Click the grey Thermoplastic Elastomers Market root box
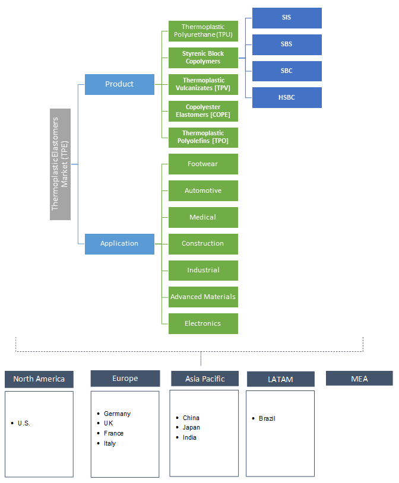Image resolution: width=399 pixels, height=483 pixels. [60, 164]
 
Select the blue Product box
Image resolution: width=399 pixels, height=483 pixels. [119, 84]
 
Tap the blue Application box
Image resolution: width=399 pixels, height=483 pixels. [119, 244]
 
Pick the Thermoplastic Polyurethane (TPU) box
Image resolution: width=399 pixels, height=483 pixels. [203, 31]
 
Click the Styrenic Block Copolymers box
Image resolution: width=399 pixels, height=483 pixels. [203, 58]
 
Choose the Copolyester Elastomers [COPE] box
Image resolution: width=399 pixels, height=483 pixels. [203, 111]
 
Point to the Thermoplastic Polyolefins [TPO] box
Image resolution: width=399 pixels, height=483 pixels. [203, 138]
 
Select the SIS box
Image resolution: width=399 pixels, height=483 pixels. [287, 18]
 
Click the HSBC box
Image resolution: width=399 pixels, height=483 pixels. [287, 97]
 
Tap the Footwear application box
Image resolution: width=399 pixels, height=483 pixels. [203, 164]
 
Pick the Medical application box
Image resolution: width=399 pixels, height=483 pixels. [203, 217]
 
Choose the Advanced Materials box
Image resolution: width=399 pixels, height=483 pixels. [203, 297]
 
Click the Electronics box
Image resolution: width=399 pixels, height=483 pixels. [203, 323]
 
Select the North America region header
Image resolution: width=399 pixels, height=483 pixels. [39, 379]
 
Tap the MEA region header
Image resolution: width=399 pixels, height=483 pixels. [359, 379]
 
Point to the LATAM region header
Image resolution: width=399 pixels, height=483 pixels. [280, 379]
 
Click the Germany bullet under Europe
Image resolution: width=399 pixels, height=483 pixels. [117, 414]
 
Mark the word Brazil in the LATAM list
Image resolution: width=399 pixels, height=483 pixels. [267, 418]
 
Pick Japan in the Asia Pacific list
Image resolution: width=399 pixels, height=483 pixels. [191, 427]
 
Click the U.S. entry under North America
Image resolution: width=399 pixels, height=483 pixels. [24, 423]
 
